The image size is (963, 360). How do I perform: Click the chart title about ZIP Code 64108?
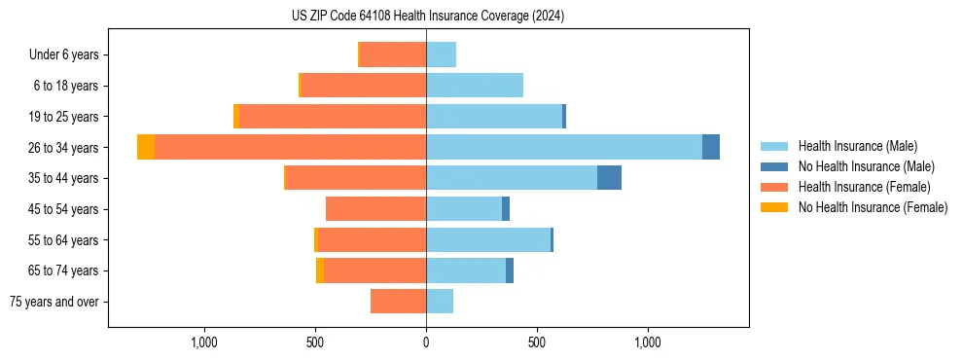[427, 16]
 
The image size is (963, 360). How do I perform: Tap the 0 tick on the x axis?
[426, 342]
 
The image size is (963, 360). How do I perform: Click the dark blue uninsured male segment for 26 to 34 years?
[711, 147]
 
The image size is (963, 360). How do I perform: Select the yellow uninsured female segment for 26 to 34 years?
[146, 147]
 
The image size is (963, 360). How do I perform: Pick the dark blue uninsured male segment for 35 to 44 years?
[609, 178]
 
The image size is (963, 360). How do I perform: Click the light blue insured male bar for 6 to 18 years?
[475, 86]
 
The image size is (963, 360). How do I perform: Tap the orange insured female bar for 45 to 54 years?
[375, 209]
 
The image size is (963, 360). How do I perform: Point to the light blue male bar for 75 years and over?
[440, 302]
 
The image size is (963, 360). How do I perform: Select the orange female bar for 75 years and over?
[399, 302]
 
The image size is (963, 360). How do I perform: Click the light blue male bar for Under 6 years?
[441, 54]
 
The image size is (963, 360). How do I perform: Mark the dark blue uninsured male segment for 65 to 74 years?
[510, 270]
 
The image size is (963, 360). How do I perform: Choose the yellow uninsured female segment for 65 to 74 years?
[320, 270]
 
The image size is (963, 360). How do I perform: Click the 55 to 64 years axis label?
[66, 240]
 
